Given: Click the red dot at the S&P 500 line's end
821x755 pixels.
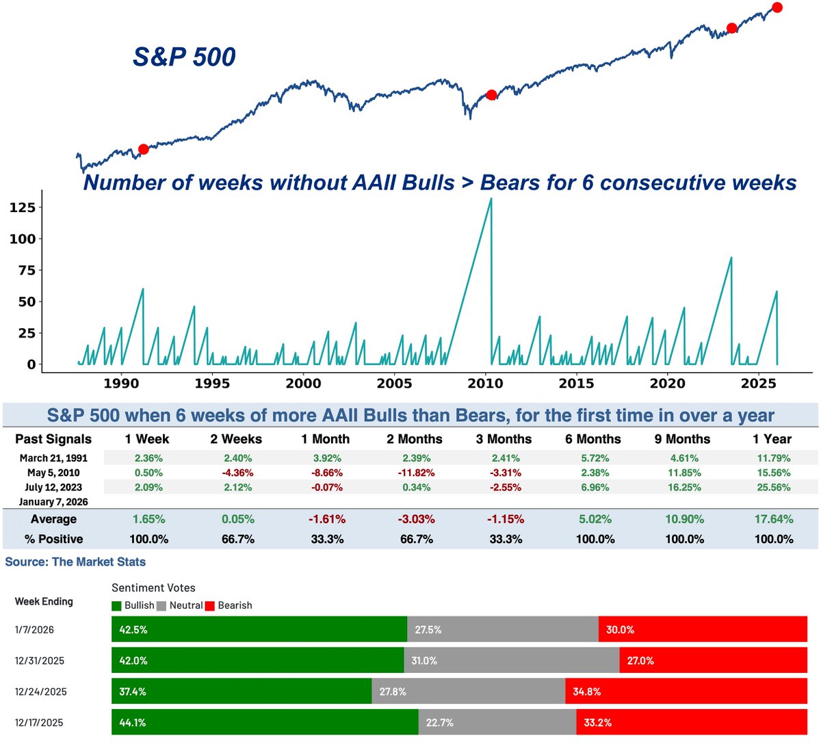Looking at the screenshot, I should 777,8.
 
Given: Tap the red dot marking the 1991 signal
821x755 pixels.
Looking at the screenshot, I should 143,149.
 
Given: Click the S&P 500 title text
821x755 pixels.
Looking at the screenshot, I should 184,57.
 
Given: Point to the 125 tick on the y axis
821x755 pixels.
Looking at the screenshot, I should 23,208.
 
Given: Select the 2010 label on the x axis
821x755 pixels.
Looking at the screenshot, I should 485,383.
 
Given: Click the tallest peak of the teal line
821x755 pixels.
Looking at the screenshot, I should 491,199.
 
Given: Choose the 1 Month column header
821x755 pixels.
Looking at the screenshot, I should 325,439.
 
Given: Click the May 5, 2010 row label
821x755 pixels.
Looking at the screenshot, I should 54,473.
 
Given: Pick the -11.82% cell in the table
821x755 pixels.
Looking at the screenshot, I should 417,473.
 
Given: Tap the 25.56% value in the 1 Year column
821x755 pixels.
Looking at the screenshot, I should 773,488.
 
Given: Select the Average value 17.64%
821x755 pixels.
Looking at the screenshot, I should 773,519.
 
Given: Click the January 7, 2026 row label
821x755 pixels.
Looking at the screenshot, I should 54,502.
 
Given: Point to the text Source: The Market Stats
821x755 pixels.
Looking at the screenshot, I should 75,562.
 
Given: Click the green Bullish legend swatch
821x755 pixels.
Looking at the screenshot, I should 117,606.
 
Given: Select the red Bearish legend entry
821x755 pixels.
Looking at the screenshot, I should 229,606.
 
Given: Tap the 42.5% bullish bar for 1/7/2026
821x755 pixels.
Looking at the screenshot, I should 259,629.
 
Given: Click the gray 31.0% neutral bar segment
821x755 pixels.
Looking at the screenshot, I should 511,661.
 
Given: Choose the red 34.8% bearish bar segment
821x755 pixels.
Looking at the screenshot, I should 686,691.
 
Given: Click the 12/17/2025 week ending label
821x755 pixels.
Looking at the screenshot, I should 40,723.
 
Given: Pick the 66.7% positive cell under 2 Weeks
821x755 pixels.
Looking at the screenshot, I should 238,539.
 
